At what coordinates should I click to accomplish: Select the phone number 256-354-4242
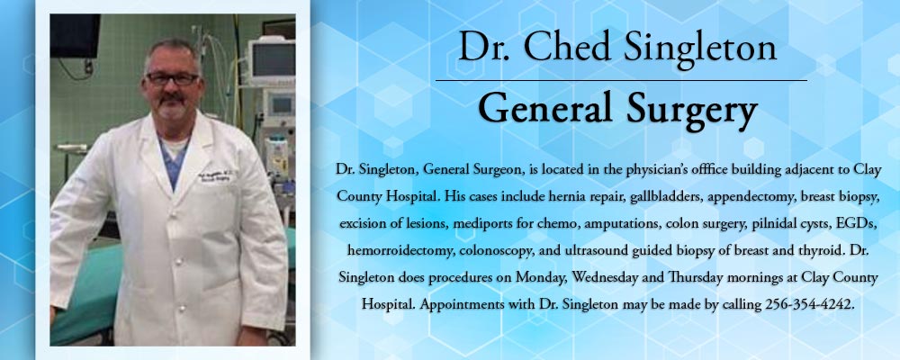tap(809, 304)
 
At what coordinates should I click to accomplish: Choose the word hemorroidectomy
tap(392, 251)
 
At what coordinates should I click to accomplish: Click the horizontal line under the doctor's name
tap(621, 80)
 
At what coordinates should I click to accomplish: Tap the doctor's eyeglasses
tap(172, 78)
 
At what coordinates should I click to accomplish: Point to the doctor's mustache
tap(172, 98)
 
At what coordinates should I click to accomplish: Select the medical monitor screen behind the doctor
tap(274, 59)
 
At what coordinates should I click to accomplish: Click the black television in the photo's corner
tap(76, 36)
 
